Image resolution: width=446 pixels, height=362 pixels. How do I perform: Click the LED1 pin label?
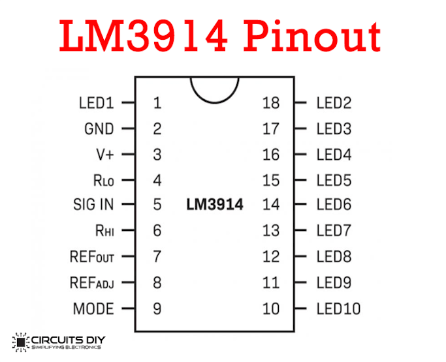(x=97, y=103)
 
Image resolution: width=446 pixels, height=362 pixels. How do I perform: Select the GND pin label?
(x=99, y=128)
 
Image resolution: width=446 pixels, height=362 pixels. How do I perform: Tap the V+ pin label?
(x=105, y=155)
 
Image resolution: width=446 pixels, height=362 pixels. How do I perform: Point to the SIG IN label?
(x=93, y=205)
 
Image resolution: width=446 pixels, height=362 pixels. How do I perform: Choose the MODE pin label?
(x=93, y=309)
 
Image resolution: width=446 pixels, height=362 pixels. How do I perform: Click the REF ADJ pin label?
(x=92, y=283)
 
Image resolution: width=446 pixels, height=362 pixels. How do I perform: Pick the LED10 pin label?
(x=339, y=309)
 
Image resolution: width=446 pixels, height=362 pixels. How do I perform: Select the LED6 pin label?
(x=334, y=205)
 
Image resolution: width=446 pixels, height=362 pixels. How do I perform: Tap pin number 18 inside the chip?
(x=271, y=103)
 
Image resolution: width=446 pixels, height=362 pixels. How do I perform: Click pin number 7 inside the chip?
(x=157, y=256)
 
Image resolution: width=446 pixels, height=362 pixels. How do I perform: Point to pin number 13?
(x=271, y=230)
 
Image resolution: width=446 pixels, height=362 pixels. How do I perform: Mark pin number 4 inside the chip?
(x=157, y=181)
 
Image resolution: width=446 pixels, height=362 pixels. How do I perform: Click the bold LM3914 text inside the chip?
(x=215, y=205)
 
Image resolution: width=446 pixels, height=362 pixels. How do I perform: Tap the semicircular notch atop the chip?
(x=215, y=102)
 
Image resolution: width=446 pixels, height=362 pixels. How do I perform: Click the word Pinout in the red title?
(x=312, y=37)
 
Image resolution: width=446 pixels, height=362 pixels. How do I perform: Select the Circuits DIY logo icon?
(x=20, y=342)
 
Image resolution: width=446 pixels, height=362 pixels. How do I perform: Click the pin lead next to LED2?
(x=300, y=102)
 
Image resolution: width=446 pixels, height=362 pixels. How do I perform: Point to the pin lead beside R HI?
(x=129, y=230)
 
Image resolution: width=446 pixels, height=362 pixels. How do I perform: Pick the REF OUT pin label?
(x=92, y=257)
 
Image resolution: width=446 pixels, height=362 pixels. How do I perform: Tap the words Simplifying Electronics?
(x=66, y=347)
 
